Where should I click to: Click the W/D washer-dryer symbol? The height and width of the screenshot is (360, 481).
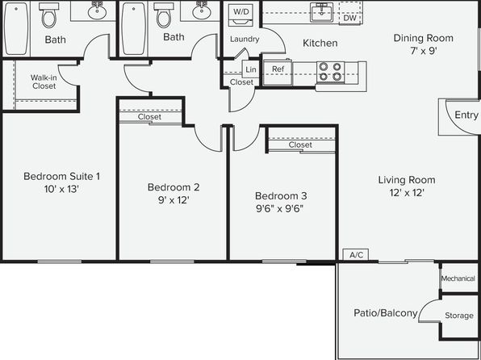click(240, 15)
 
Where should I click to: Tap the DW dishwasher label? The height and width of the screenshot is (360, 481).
click(349, 18)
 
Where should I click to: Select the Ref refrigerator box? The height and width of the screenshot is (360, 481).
click(278, 73)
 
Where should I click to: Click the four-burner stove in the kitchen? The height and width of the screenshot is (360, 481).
click(330, 72)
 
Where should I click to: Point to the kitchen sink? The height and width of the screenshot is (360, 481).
click(321, 12)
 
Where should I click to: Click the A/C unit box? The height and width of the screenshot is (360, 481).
click(356, 255)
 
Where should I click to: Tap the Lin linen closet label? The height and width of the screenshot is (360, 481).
click(251, 69)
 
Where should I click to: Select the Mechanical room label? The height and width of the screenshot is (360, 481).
click(458, 278)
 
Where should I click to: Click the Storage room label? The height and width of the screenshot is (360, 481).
click(459, 316)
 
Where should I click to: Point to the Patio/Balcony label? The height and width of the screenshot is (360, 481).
click(386, 313)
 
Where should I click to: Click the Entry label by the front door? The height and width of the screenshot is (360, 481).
click(466, 115)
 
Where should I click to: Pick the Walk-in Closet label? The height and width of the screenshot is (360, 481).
click(44, 82)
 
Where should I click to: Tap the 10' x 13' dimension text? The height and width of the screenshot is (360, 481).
click(61, 189)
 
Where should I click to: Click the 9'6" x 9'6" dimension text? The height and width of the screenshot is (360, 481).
click(279, 209)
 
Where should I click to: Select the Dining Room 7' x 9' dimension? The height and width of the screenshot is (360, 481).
click(424, 51)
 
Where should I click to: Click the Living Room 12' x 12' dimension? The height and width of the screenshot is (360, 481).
click(407, 193)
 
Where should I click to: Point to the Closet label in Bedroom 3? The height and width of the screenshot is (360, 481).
click(300, 144)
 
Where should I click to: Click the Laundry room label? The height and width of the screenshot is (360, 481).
click(245, 39)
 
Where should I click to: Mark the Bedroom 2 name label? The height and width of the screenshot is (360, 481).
click(174, 187)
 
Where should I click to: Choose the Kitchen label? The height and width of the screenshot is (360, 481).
click(320, 43)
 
